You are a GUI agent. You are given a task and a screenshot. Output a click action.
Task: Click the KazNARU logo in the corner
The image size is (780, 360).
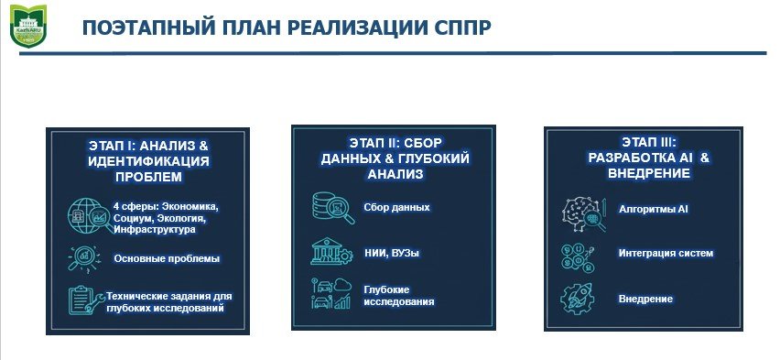27,26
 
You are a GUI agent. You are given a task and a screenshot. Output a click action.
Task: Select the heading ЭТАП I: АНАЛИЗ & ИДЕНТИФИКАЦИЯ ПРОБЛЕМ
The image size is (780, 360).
148,161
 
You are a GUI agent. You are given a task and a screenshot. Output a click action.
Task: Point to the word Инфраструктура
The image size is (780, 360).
155,230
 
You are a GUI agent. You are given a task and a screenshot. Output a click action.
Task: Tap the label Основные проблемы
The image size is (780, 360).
167,259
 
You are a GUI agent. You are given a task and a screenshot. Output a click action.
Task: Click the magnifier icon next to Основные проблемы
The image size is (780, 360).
83,259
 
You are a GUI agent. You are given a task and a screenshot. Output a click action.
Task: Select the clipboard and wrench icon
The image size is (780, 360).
86,300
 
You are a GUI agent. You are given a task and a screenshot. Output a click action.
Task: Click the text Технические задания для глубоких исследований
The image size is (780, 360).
169,302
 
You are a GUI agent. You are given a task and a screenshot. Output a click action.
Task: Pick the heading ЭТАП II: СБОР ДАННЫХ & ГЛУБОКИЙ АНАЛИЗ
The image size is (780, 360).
395,158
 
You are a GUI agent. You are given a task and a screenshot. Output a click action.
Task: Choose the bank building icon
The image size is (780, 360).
331,252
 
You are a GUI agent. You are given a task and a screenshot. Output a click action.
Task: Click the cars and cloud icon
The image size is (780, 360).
331,294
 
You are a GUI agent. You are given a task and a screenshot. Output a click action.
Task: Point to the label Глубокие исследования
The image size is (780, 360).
399,296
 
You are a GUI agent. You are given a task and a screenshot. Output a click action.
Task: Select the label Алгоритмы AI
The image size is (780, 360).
654,209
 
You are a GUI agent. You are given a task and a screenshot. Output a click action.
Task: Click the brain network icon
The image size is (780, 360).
584,214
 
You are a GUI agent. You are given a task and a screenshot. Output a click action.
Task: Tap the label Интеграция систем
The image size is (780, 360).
666,254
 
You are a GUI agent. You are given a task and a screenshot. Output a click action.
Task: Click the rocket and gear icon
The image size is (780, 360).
577,299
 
